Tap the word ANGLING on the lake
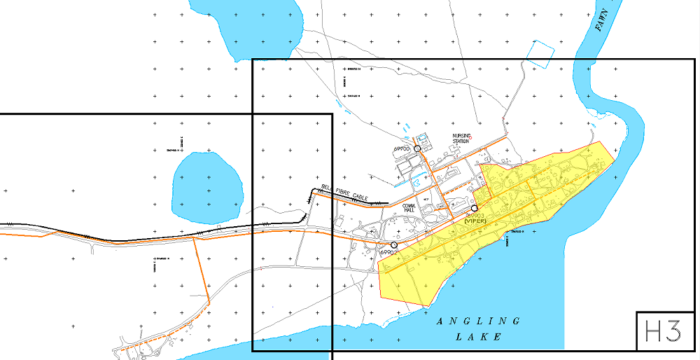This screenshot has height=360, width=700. tap(479, 321)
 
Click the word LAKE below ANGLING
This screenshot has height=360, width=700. tap(479, 337)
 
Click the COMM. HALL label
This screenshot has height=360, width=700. tap(410, 209)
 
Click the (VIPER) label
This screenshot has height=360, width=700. tap(475, 220)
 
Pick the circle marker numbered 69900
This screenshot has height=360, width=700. tap(417, 148)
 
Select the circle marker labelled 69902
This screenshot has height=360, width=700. tap(394, 244)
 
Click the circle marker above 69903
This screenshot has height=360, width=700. tap(475, 208)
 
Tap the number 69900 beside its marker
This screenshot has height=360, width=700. tap(402, 149)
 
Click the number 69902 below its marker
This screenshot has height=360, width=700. tap(388, 252)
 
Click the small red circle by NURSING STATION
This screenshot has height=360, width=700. tap(472, 137)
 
